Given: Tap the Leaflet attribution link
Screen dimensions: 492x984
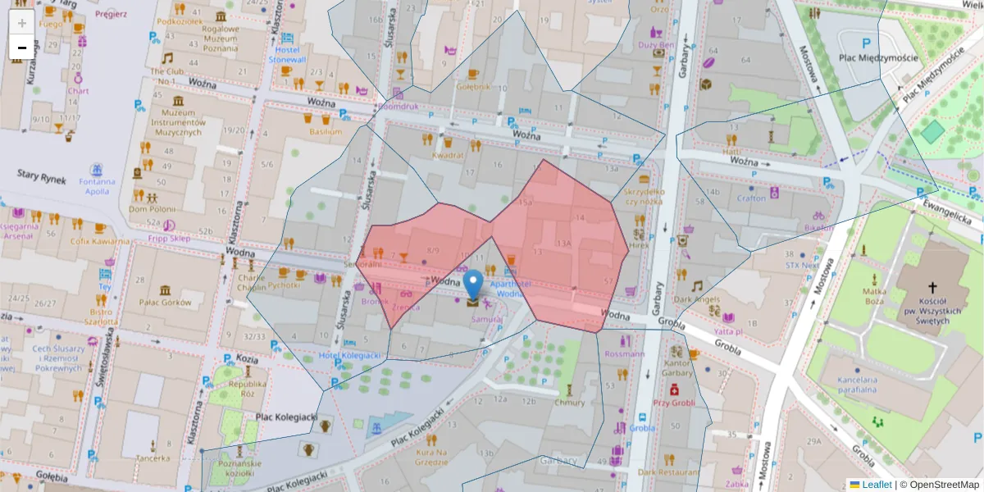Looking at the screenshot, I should coord(876,485).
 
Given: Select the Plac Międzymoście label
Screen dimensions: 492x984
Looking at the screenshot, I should coord(877,58).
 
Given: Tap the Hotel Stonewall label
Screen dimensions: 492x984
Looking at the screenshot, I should coord(287,54).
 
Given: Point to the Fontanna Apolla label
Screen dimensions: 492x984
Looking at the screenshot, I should coord(97,186).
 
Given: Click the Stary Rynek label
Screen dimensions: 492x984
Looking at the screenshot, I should coord(40,174).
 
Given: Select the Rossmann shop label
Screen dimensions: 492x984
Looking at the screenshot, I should coord(623,354).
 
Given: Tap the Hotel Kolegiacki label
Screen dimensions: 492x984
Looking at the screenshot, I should coord(350,355).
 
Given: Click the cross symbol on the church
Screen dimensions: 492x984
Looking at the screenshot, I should coord(932,288).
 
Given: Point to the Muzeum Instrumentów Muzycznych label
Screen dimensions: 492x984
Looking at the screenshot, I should coord(178,121).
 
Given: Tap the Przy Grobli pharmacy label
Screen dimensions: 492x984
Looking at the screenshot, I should coord(674,403).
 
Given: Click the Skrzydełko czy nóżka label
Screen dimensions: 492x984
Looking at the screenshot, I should coord(644,196).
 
